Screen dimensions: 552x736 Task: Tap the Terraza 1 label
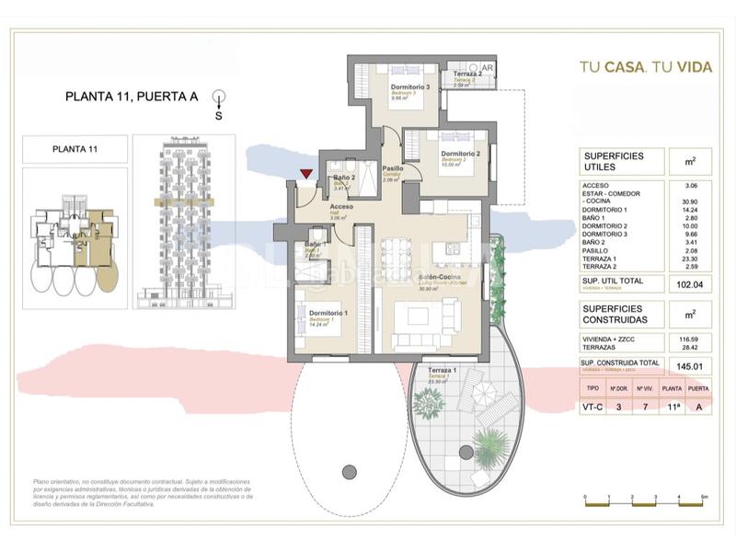point(443,371)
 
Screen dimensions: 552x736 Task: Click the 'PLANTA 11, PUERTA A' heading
point(132,95)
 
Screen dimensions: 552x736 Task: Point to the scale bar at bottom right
point(645,499)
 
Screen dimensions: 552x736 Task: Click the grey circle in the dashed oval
point(349,472)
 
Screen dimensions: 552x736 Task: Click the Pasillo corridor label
point(393,169)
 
